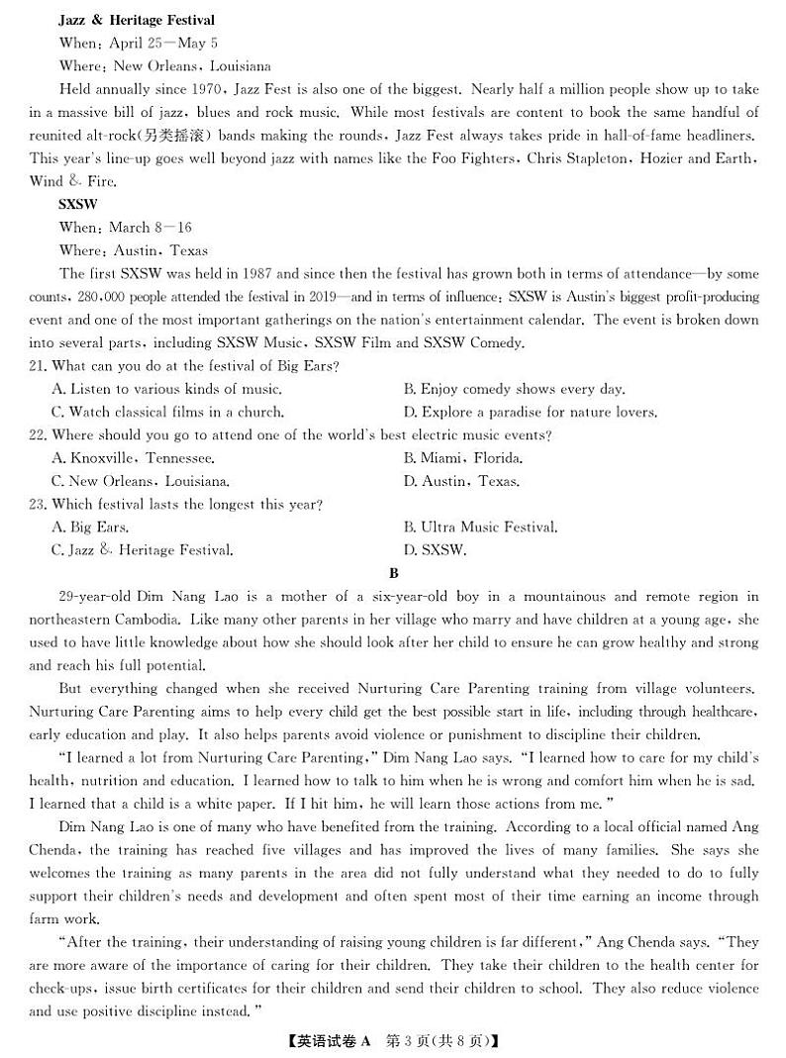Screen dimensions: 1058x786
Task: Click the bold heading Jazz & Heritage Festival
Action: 137,20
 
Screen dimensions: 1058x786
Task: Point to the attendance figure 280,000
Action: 108,297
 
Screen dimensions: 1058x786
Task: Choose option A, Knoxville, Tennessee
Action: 133,458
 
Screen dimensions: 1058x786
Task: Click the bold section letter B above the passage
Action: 393,573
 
